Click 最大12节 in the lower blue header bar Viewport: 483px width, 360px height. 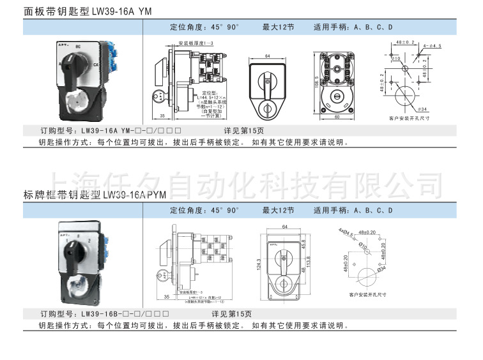click(x=278, y=210)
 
